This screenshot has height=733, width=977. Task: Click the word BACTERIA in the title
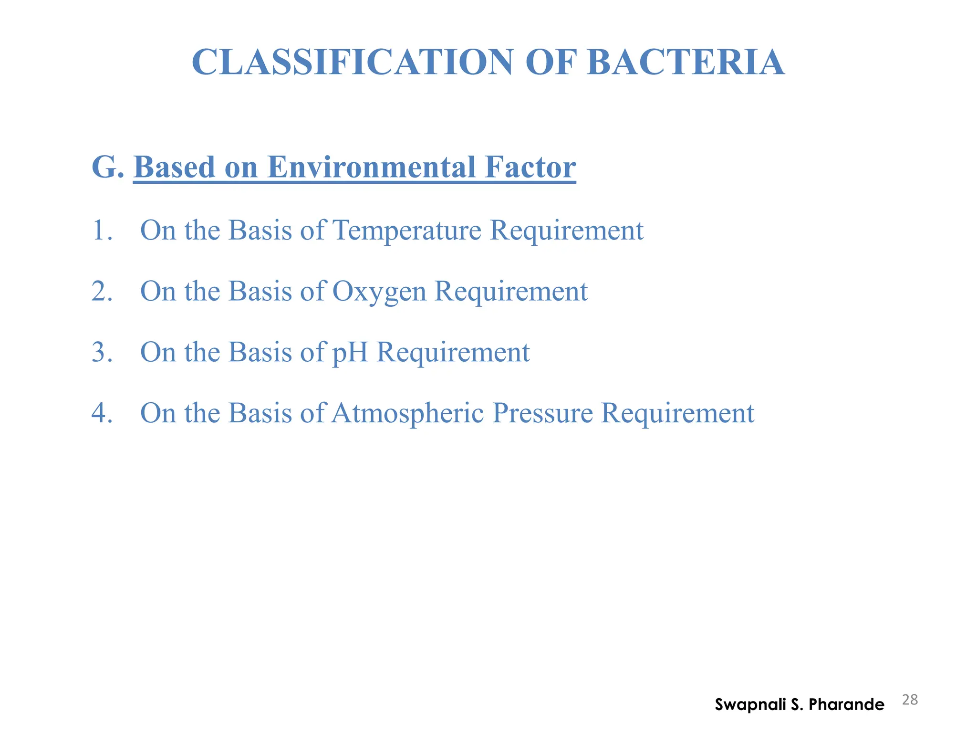point(686,63)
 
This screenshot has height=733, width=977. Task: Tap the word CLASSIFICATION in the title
point(352,63)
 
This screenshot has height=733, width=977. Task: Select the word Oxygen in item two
point(379,292)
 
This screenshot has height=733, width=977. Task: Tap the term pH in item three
point(350,353)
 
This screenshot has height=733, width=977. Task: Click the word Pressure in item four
point(542,413)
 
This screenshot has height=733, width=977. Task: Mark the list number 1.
point(102,230)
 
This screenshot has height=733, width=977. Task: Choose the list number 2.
point(102,291)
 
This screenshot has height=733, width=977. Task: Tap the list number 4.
point(102,413)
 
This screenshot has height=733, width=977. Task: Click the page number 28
point(910,700)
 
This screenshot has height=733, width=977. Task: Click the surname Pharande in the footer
point(847,704)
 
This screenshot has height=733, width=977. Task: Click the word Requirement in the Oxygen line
point(511,291)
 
